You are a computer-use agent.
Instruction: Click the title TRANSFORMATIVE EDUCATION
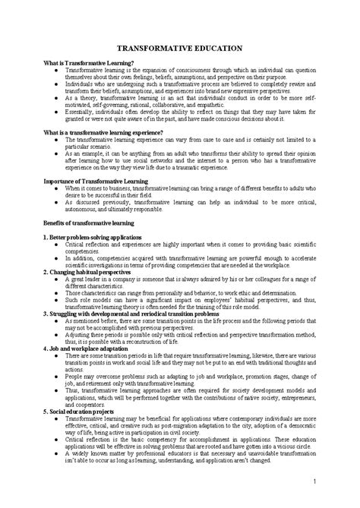180,47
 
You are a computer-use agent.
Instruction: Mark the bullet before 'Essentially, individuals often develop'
57,111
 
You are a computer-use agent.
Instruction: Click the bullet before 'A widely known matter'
57,453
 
